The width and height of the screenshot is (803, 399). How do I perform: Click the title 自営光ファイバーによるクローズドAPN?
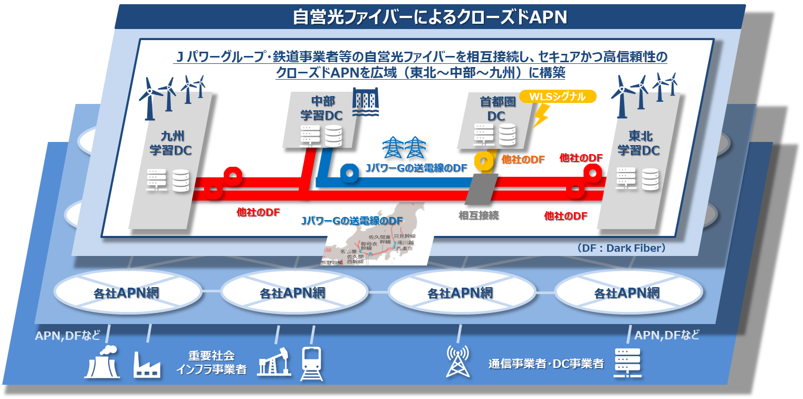click(x=430, y=17)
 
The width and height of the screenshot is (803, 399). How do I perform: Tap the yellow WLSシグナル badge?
click(x=558, y=97)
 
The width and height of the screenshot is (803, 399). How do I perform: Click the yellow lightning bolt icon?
click(x=541, y=116)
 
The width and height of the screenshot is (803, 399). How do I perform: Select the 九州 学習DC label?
click(x=169, y=143)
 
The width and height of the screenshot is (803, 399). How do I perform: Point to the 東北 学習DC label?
click(x=638, y=142)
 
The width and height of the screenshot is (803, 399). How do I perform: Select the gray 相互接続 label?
click(x=479, y=215)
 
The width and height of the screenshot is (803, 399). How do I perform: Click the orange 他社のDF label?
click(x=523, y=159)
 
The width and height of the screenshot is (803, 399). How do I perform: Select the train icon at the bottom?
click(x=311, y=363)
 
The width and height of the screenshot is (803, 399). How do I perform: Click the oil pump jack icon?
click(x=274, y=362)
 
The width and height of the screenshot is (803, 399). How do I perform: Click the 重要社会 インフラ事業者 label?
click(x=212, y=362)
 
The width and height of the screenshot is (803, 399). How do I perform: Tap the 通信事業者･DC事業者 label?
click(x=546, y=364)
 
